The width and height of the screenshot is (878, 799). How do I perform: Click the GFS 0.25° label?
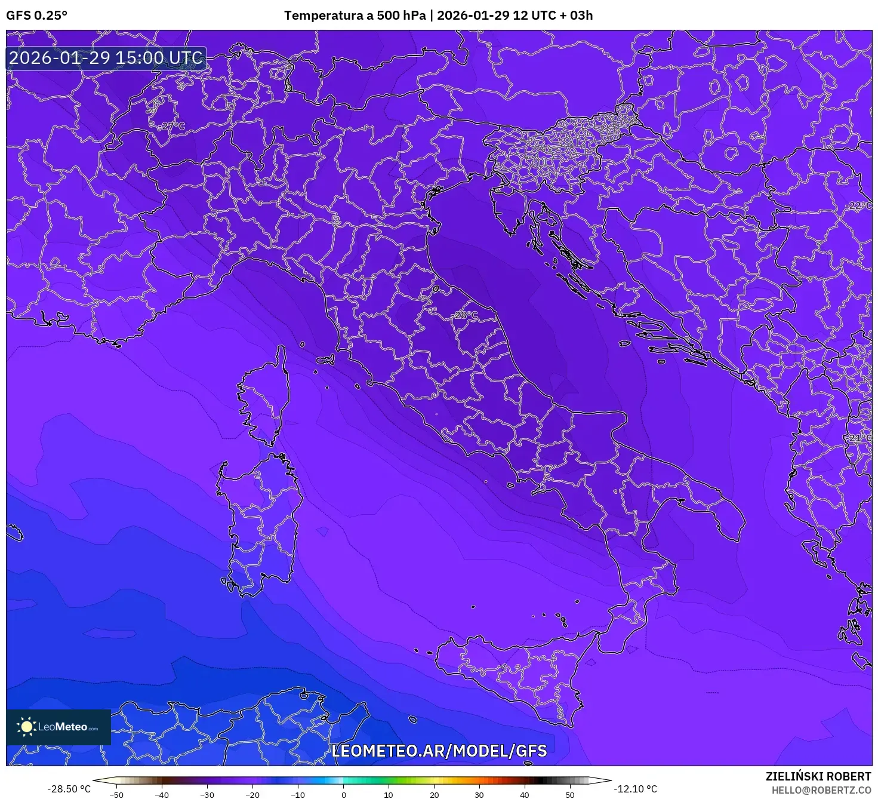coord(36,16)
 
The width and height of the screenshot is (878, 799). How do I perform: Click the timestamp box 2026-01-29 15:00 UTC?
coord(106,58)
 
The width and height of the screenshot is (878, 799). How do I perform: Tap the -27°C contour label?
coord(171,126)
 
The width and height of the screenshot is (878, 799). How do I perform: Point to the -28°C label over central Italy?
coord(466,315)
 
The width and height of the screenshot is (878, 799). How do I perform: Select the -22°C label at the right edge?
coord(859,206)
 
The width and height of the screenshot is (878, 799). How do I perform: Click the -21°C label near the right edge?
coord(859,438)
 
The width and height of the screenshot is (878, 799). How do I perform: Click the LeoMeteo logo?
coord(58,727)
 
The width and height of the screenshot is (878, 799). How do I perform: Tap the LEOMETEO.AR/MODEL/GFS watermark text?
coord(439,751)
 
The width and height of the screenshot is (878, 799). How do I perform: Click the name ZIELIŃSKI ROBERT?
coord(818,776)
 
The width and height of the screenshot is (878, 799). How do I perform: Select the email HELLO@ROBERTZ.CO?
coord(821,790)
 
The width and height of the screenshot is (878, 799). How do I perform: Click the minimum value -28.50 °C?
coord(69,789)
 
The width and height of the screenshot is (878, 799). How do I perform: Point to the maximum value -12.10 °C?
coord(636,789)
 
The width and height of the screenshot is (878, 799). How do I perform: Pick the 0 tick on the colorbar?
coord(343,795)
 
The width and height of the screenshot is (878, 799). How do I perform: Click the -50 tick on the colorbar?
coord(116,795)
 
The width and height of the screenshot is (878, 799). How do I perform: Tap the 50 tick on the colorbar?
coord(570,795)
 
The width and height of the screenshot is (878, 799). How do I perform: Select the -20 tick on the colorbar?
coord(252,795)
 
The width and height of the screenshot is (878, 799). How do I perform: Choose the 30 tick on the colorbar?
coord(479,795)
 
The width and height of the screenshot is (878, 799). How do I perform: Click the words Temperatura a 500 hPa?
coord(355,16)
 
